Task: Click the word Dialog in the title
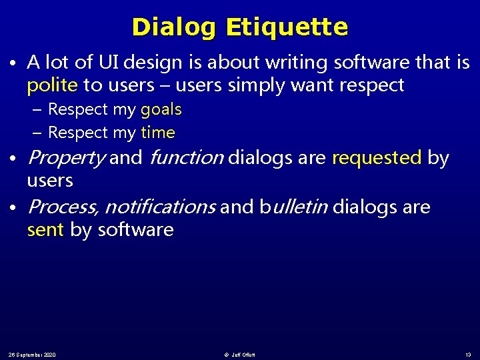pos(175,27)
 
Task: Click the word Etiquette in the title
pos(287,27)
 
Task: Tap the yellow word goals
pos(161,109)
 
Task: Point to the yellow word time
pos(158,133)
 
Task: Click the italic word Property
pos(66,158)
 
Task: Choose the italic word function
pos(187,158)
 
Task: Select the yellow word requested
pos(377,158)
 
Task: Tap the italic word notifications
pos(159,207)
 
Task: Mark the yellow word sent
pos(45,230)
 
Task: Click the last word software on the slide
pos(135,230)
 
